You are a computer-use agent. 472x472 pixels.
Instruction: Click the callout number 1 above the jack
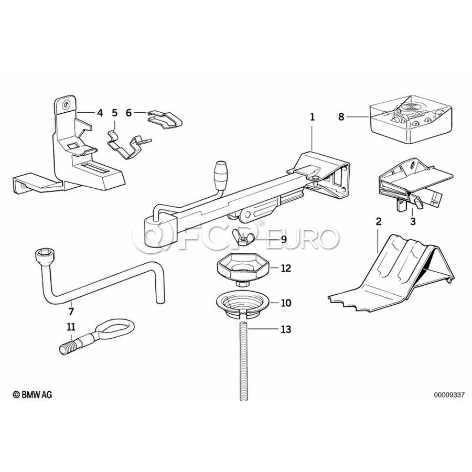tap(312, 117)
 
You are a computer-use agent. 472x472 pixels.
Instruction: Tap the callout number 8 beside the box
tap(341, 117)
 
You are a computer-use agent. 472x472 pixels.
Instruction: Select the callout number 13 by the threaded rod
tap(286, 329)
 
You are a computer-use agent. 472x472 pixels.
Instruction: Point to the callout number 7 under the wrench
tap(71, 311)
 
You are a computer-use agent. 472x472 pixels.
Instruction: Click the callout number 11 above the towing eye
tap(71, 327)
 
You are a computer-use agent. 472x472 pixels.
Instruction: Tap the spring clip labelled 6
tap(165, 120)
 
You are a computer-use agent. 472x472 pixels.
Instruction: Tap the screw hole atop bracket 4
tap(66, 105)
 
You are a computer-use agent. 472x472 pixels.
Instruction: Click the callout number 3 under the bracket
tap(413, 221)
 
